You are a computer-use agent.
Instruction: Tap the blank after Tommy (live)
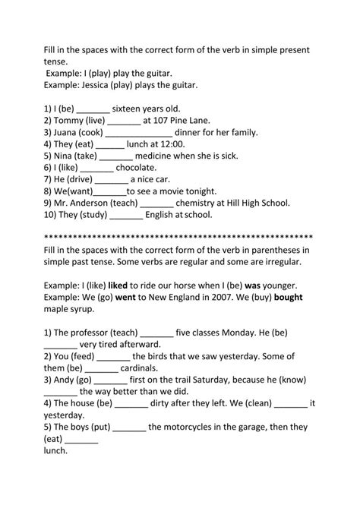pyautogui.click(x=125, y=120)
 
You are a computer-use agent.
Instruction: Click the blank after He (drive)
pyautogui.click(x=112, y=179)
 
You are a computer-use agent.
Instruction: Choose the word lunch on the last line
pyautogui.click(x=56, y=450)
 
